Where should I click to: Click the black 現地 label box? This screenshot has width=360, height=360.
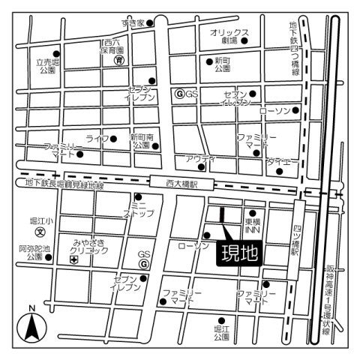point(238,253)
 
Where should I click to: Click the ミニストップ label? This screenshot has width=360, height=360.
point(140,208)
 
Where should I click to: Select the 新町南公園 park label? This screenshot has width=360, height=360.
point(142,141)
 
